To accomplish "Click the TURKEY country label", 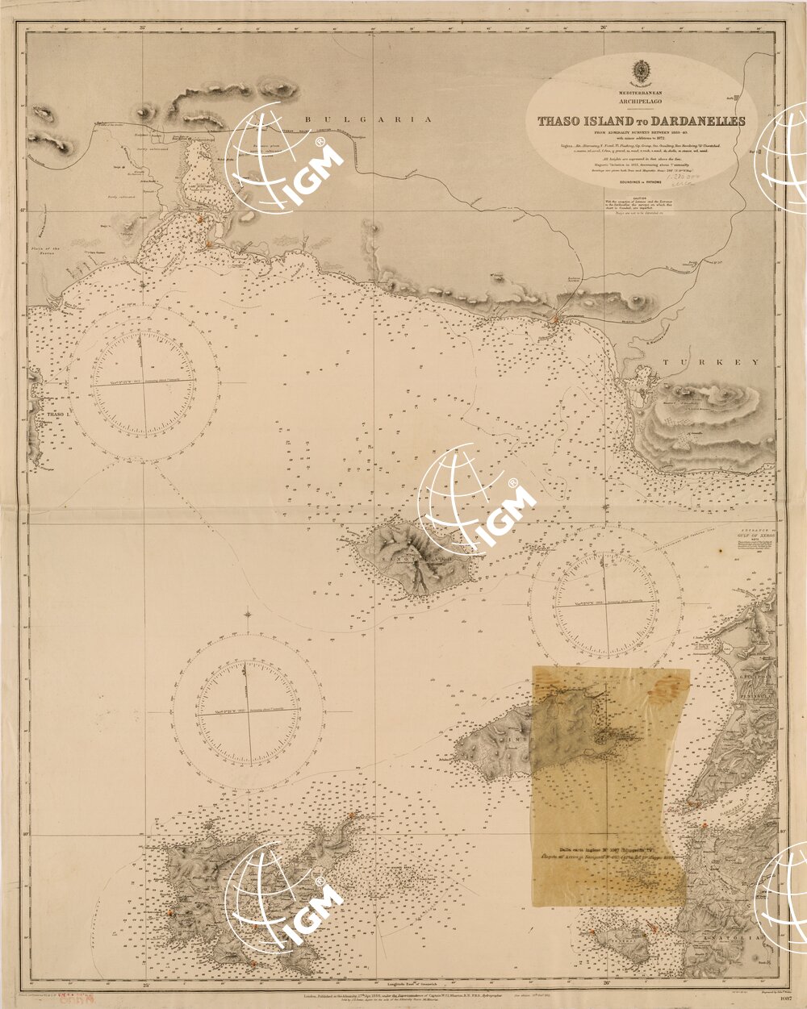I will pyautogui.click(x=711, y=363).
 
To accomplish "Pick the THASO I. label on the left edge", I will pyautogui.click(x=56, y=415).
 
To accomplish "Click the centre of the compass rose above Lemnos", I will pyautogui.click(x=247, y=711).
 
